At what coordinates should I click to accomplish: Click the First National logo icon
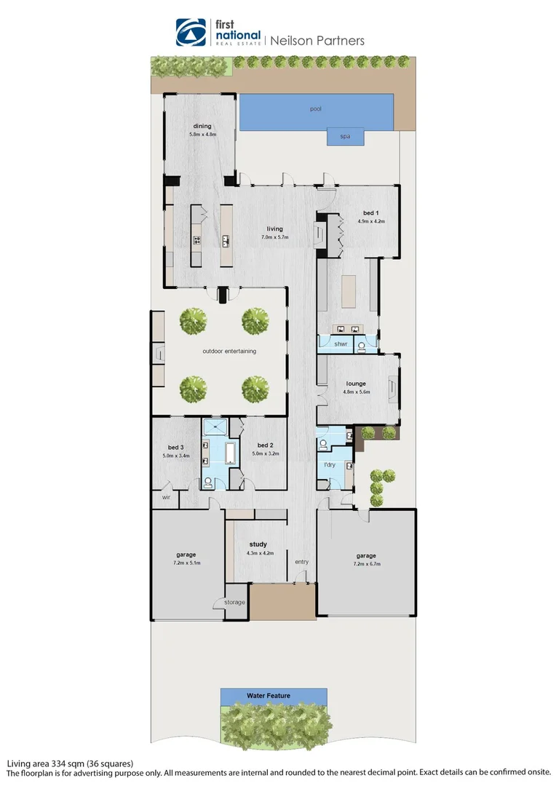click(x=191, y=32)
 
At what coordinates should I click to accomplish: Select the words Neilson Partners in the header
click(x=317, y=41)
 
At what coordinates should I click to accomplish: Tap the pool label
click(x=315, y=109)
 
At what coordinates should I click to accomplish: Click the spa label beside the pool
click(x=345, y=136)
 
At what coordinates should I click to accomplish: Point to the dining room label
click(x=202, y=126)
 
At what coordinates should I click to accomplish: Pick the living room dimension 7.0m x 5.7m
click(x=274, y=237)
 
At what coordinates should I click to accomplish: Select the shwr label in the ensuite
click(x=341, y=344)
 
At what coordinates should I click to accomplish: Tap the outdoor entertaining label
click(x=229, y=351)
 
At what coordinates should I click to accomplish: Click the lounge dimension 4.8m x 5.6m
click(x=357, y=392)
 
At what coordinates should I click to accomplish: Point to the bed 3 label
click(x=175, y=447)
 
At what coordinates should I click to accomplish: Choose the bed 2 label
click(x=265, y=445)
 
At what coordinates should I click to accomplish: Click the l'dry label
click(x=328, y=464)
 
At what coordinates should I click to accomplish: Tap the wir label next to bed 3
click(x=165, y=498)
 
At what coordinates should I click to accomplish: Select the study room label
click(x=258, y=544)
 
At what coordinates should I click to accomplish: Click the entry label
click(x=301, y=562)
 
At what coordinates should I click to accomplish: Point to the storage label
click(x=234, y=603)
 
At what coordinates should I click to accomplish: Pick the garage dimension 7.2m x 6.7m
click(x=366, y=564)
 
